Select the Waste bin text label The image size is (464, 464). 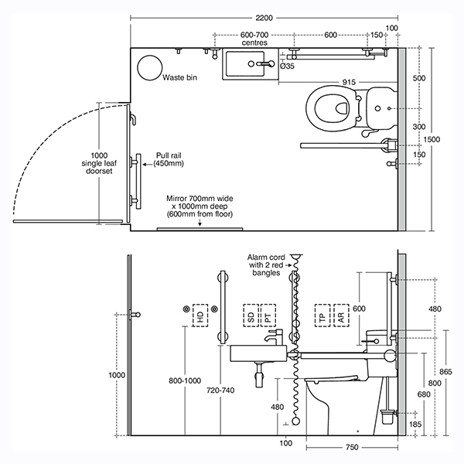(x=179, y=78)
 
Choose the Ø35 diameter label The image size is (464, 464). (x=286, y=67)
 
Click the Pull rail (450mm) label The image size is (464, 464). (x=169, y=159)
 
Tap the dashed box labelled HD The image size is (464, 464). (x=200, y=316)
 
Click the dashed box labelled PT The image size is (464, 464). (x=266, y=316)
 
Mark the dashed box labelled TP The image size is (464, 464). (x=322, y=316)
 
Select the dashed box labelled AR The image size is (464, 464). (x=340, y=316)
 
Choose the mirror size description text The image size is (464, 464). (x=200, y=206)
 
